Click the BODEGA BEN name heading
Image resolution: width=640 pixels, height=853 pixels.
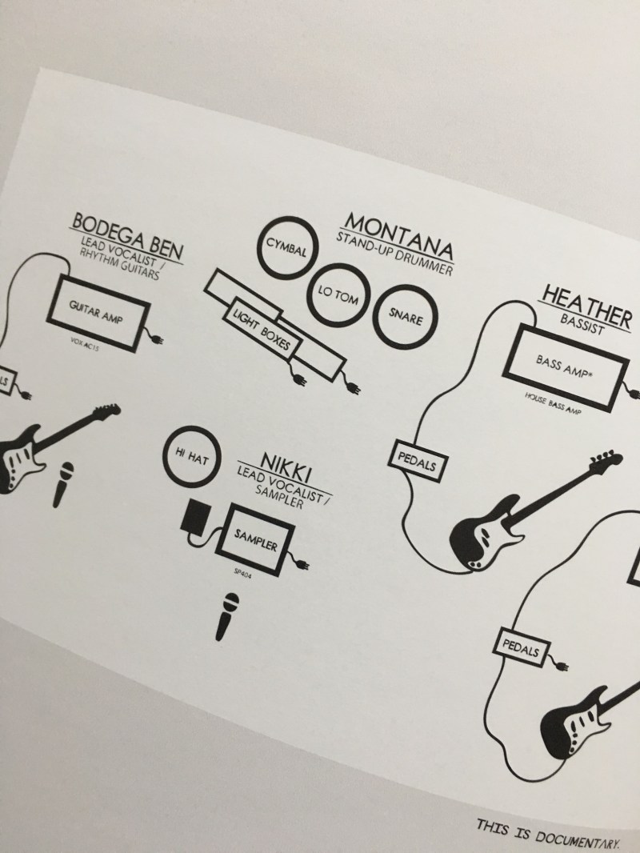tap(128, 237)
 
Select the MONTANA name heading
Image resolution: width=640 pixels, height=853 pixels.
tap(399, 236)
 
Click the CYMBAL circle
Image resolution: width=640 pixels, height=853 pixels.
tap(287, 248)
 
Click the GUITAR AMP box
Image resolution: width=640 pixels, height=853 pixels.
tap(98, 313)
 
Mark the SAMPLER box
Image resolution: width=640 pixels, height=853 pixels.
tap(255, 539)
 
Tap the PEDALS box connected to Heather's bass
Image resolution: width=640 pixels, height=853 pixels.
tap(418, 461)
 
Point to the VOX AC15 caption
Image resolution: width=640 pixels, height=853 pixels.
tap(85, 344)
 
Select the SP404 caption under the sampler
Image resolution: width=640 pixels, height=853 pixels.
tap(242, 573)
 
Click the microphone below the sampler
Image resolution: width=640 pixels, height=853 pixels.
tap(226, 616)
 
